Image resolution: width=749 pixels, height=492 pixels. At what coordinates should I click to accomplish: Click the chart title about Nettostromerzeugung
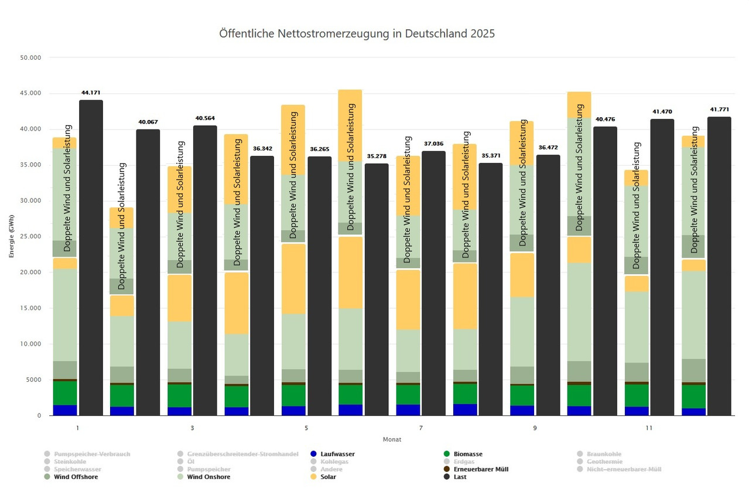[x=357, y=33]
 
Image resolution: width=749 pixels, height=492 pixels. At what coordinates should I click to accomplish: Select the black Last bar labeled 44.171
[x=91, y=258]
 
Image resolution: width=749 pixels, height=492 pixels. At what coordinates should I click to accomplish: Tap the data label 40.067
[x=148, y=122]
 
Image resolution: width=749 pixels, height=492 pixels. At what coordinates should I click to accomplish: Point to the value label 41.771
[x=719, y=110]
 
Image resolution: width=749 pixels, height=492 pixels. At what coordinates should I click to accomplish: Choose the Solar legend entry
[x=328, y=477]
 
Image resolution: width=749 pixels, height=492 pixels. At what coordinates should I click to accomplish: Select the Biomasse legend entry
[x=467, y=454]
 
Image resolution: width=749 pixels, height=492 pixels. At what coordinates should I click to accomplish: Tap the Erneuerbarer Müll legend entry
[x=481, y=469]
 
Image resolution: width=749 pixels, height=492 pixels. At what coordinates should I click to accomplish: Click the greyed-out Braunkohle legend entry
[x=605, y=454]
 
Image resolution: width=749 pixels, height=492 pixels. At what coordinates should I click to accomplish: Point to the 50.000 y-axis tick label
[x=30, y=57]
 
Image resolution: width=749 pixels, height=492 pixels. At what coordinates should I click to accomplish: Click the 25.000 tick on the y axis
[x=30, y=237]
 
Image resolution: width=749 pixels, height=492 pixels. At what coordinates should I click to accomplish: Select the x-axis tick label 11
[x=649, y=428]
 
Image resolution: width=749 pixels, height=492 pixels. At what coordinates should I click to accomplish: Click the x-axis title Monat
[x=392, y=439]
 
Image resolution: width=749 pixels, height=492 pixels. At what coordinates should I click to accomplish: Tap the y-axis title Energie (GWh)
[x=12, y=237]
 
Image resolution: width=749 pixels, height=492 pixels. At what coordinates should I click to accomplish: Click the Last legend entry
[x=460, y=477]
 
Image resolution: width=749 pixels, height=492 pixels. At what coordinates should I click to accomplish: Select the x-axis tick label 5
[x=306, y=428]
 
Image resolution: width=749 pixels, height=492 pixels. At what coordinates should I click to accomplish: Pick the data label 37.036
[x=433, y=143]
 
